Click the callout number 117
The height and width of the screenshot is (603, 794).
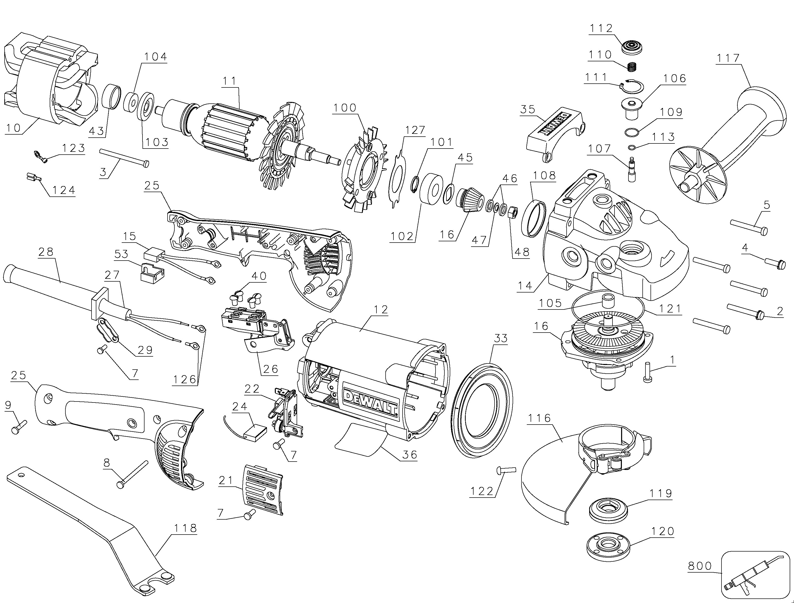tap(728, 58)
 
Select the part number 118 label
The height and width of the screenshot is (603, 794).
tap(185, 528)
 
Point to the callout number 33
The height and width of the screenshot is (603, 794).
tap(501, 338)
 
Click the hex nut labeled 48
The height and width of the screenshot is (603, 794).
tap(513, 212)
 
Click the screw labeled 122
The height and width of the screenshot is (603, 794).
tap(506, 469)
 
